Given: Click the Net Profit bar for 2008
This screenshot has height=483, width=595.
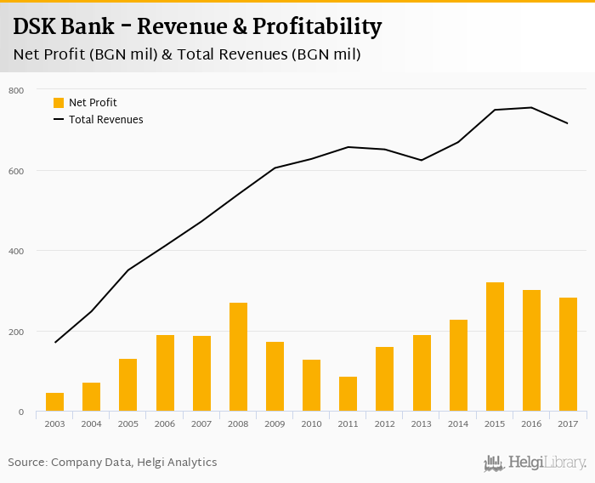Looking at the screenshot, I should (238, 357).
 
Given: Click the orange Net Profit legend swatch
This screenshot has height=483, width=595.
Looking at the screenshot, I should (59, 103).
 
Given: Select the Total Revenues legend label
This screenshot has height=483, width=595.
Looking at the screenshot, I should (106, 120).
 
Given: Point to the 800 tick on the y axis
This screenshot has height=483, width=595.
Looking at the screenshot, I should (16, 90).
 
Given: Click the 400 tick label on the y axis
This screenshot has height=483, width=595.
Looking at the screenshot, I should (16, 251).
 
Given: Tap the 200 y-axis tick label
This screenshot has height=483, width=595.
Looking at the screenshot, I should (16, 332).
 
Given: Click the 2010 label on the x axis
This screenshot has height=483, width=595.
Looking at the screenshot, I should (311, 423).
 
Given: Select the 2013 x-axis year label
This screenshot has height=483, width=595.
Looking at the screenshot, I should (422, 423).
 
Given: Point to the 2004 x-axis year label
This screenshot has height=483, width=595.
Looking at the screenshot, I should (91, 423).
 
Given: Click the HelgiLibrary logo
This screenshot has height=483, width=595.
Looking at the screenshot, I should (535, 463).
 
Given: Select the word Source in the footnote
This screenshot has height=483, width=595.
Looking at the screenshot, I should (28, 463).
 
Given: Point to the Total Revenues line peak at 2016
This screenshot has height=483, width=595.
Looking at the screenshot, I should (531, 107).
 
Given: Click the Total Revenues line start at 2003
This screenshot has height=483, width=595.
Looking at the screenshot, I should (54, 342).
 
